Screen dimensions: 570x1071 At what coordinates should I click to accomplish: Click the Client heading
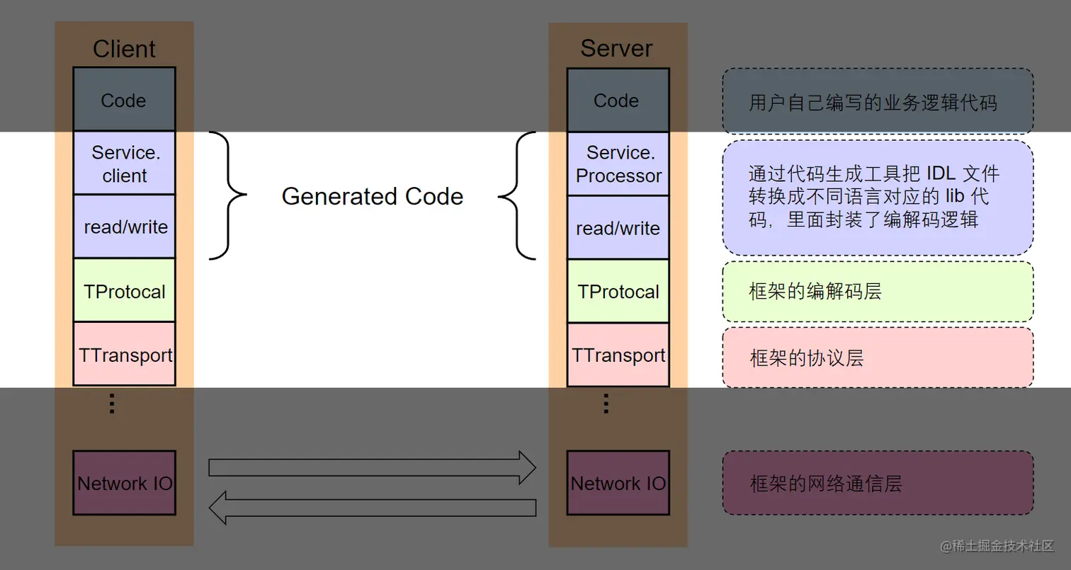point(124,49)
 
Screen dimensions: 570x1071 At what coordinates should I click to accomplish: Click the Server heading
point(616,48)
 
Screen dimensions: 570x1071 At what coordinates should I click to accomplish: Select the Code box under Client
point(124,100)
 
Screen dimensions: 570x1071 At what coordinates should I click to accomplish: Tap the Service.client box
point(124,164)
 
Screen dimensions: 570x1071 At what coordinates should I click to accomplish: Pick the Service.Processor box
point(618,164)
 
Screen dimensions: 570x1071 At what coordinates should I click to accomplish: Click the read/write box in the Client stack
point(124,227)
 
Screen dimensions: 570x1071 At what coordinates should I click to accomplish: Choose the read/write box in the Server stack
point(618,227)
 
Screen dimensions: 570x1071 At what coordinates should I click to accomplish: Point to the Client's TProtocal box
point(124,291)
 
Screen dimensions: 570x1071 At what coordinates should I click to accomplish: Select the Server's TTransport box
point(618,355)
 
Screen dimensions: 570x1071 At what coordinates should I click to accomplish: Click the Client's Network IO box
point(124,483)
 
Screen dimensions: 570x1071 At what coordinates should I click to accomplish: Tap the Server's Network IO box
point(618,483)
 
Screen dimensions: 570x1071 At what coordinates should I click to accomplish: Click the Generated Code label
point(373,196)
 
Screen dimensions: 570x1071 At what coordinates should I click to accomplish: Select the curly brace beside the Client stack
point(228,195)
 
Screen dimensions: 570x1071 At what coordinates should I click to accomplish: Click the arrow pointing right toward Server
point(372,467)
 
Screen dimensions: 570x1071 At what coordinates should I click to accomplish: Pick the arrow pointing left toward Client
point(372,507)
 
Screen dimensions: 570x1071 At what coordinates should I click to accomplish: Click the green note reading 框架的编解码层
point(877,292)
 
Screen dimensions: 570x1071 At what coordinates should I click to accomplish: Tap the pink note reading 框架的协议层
point(877,358)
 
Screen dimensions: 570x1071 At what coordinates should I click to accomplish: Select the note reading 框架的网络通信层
point(877,483)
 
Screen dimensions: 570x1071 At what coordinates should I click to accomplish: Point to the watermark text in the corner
point(997,545)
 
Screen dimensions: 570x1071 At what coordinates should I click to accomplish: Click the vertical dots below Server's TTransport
point(606,403)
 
